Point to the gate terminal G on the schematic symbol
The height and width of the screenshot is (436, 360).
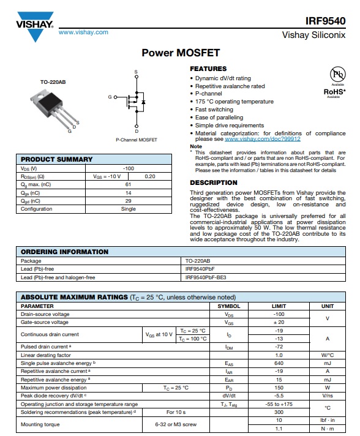coord(110,97)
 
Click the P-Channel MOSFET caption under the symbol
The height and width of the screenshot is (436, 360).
coord(137,140)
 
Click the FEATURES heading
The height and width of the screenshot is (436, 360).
coord(208,69)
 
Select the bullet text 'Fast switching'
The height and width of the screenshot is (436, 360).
coord(214,110)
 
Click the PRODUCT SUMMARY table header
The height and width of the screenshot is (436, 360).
coord(57,159)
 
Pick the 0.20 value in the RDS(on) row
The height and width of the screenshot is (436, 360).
coord(149,176)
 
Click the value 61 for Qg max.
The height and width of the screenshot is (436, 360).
coord(129,184)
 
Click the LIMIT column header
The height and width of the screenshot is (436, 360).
coord(279,306)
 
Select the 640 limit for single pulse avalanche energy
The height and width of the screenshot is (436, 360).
coord(279,363)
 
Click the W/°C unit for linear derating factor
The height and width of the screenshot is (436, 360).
coord(328,355)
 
